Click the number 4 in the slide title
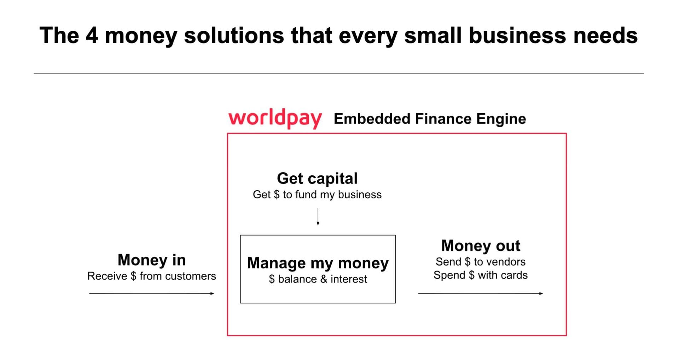(92, 35)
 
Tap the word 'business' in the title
(517, 35)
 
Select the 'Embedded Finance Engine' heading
(429, 119)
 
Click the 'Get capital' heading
(317, 178)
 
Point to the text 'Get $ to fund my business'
(317, 194)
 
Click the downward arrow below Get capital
(318, 217)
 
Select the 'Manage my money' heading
(318, 263)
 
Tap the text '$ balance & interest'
(318, 279)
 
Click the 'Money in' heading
(152, 260)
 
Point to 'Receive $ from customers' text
(152, 276)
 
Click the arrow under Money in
(152, 293)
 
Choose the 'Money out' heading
(480, 245)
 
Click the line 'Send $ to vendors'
(480, 262)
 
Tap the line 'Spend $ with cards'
(480, 275)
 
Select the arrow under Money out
(480, 293)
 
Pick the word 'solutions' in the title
(234, 35)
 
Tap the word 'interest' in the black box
(348, 279)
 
